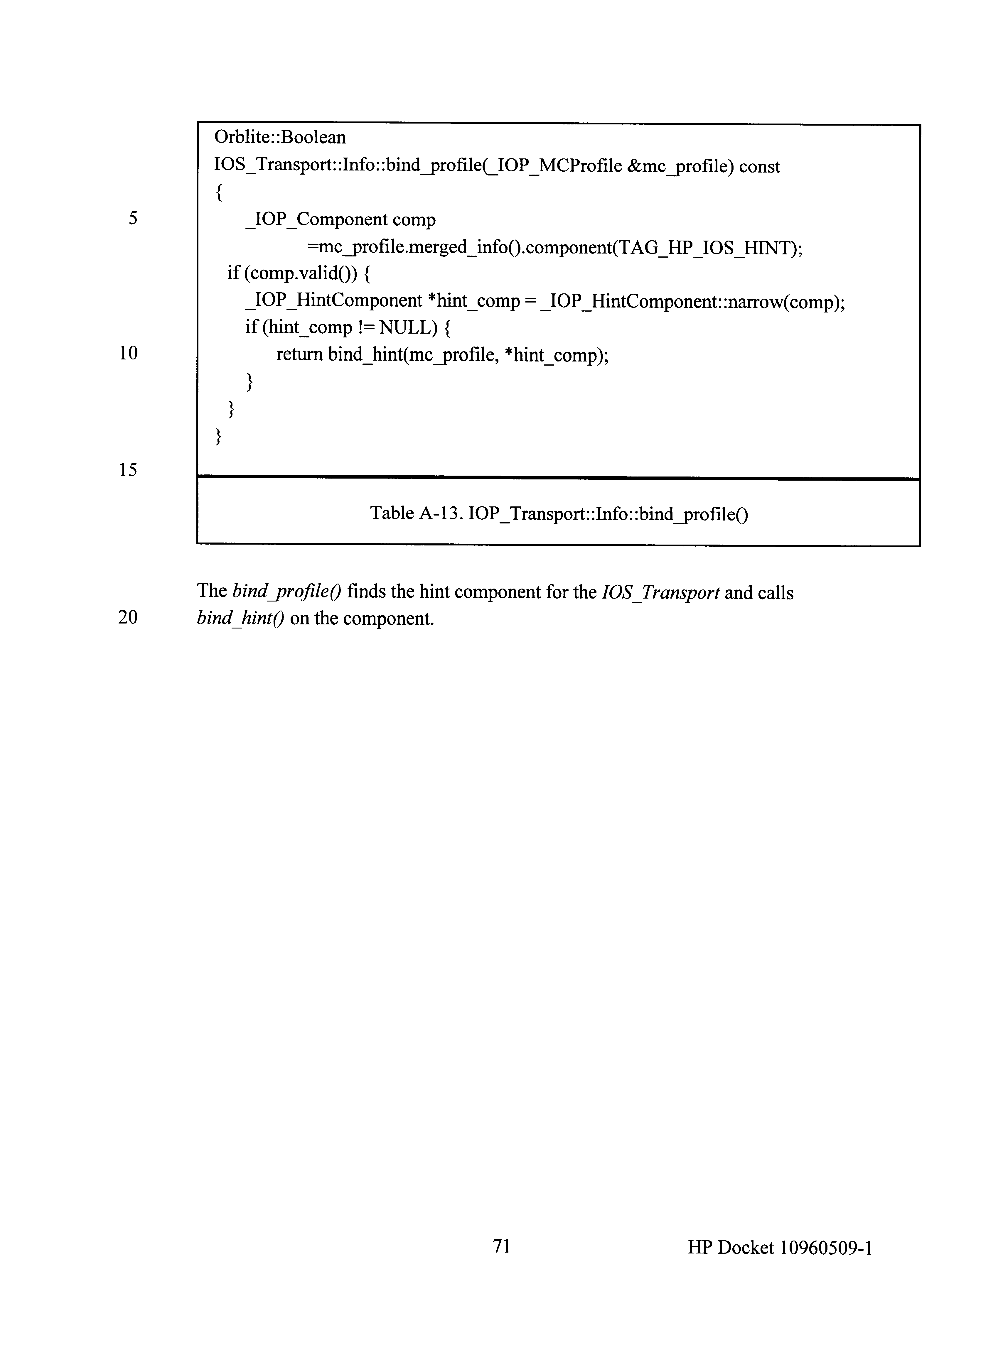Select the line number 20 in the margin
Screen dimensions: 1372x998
tap(128, 618)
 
